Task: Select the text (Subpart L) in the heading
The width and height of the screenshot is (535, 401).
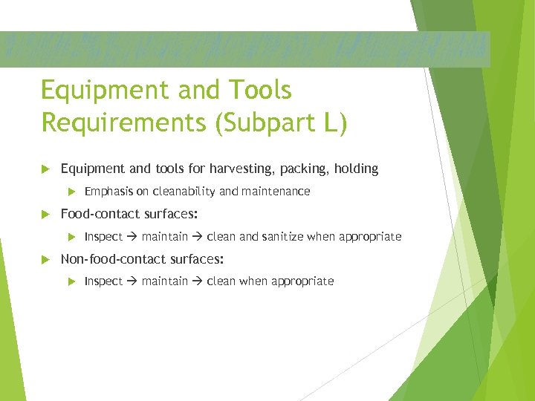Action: pyautogui.click(x=281, y=123)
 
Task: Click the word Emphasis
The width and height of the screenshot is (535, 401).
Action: pyautogui.click(x=109, y=192)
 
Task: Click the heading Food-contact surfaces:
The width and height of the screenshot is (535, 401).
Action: pyautogui.click(x=129, y=214)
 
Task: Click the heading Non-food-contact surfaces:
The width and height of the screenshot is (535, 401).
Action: pyautogui.click(x=142, y=259)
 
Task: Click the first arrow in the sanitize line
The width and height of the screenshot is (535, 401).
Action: pyautogui.click(x=132, y=237)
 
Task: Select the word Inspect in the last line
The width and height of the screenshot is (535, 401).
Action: pyautogui.click(x=103, y=281)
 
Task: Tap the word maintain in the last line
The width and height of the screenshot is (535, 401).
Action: pyautogui.click(x=164, y=281)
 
